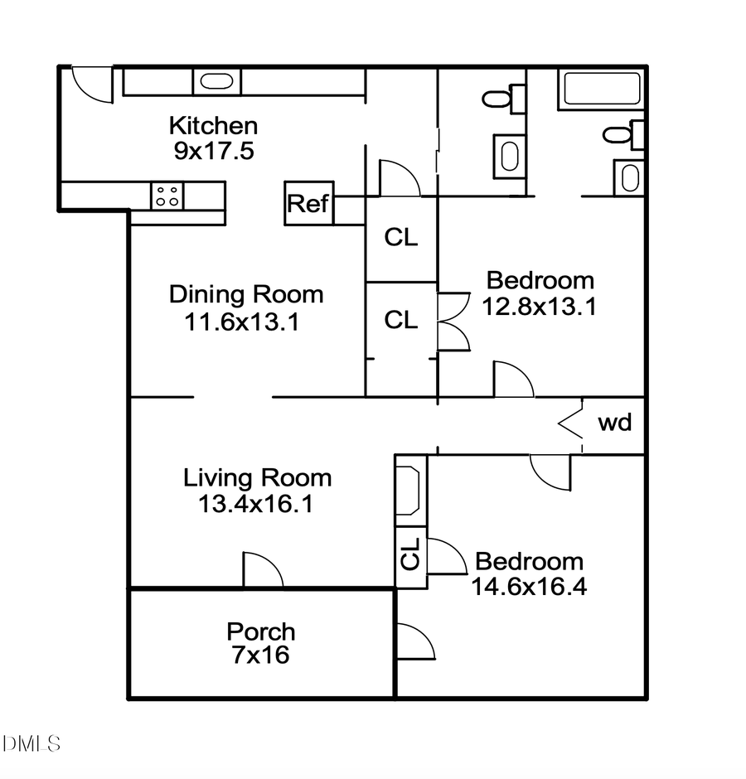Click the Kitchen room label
point(213,126)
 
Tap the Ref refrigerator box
point(308,203)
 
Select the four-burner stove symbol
point(167,196)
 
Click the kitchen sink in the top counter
point(217,81)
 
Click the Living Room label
point(257,477)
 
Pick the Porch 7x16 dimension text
point(260,656)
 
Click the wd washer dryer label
point(614,423)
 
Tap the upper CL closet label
point(401,238)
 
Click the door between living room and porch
point(262,570)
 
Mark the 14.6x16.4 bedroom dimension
point(529,587)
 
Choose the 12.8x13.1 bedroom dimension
point(540,307)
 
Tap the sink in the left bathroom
point(508,155)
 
